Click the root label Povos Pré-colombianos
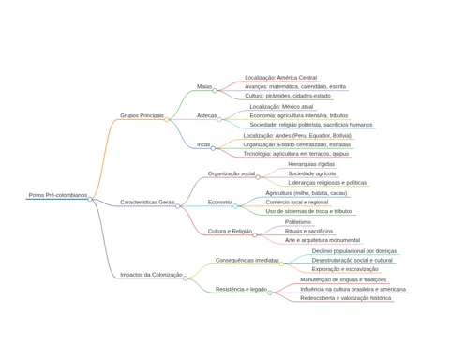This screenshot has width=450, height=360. (x=58, y=195)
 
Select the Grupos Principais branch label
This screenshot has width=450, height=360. (x=142, y=115)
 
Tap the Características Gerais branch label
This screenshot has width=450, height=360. (x=147, y=202)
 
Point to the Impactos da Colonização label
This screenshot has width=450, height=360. (x=151, y=275)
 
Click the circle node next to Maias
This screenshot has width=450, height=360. (x=215, y=91)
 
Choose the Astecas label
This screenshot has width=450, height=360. (x=206, y=115)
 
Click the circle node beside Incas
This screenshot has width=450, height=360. (x=213, y=148)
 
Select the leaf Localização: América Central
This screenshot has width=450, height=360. (x=281, y=78)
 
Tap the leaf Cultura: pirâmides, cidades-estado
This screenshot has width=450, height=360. (x=288, y=96)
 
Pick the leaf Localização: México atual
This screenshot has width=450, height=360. (x=281, y=107)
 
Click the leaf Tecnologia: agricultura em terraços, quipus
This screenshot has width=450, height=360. (x=296, y=154)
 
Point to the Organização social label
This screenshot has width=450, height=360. (x=232, y=173)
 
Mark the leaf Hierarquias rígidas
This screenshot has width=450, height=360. (x=311, y=164)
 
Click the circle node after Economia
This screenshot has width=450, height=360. (x=235, y=206)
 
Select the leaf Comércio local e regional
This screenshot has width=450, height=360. (x=297, y=202)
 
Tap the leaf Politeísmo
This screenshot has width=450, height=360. (x=298, y=222)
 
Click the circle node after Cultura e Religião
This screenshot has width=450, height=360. (x=255, y=235)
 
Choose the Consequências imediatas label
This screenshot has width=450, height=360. (x=247, y=260)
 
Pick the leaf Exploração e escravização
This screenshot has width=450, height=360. (x=345, y=269)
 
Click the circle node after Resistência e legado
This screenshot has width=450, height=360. (x=270, y=292)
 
